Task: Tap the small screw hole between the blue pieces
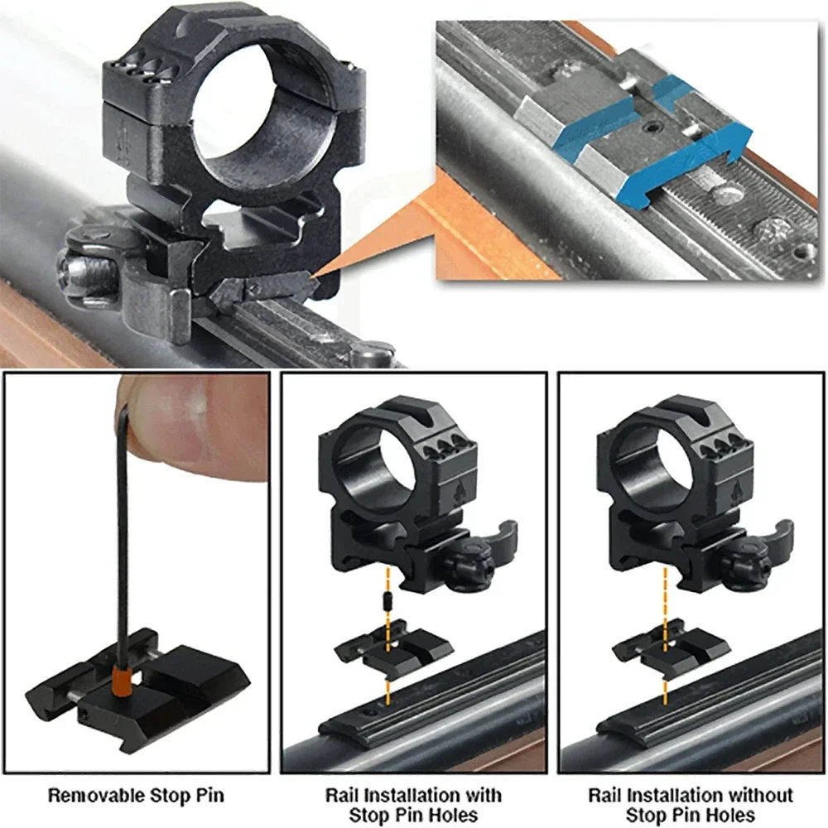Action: [x=654, y=128]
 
